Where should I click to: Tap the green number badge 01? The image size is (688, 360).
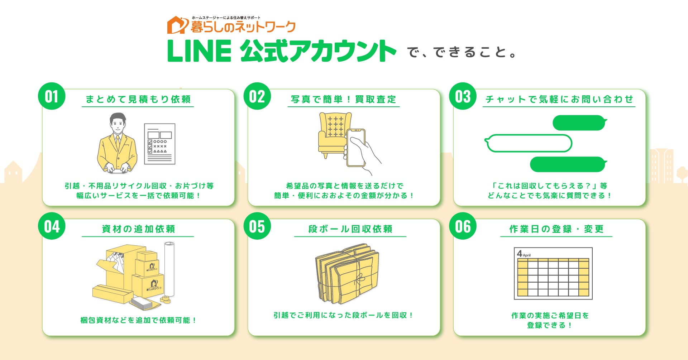tap(52, 96)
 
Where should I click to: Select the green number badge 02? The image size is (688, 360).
tap(257, 96)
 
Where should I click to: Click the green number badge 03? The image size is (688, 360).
tap(463, 96)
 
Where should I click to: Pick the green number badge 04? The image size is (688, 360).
tap(52, 226)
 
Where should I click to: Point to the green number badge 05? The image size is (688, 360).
tap(257, 226)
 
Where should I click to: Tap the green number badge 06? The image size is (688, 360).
tap(463, 226)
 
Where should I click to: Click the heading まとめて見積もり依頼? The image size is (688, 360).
tap(138, 99)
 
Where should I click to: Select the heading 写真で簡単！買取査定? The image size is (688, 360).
tap(344, 99)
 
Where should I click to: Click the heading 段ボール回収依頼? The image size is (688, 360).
tap(350, 229)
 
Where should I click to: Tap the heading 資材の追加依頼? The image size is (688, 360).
tap(138, 229)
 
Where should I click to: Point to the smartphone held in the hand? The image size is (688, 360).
tap(356, 148)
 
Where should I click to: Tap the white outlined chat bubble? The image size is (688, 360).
tap(528, 143)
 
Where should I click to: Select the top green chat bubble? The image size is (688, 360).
tap(579, 123)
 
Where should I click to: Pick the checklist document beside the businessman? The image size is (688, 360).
tap(159, 144)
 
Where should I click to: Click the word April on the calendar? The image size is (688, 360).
tap(526, 255)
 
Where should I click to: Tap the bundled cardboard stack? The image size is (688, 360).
tap(347, 274)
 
